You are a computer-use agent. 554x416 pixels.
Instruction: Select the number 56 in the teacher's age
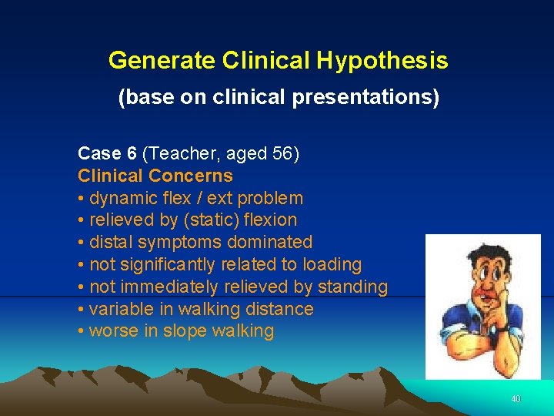(x=282, y=153)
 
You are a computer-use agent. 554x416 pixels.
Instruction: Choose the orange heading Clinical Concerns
(x=155, y=176)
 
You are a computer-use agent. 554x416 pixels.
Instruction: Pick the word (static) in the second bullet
(x=206, y=220)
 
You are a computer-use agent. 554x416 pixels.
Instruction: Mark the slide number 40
(x=515, y=399)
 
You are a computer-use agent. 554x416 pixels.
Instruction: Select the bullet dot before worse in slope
(x=81, y=331)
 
